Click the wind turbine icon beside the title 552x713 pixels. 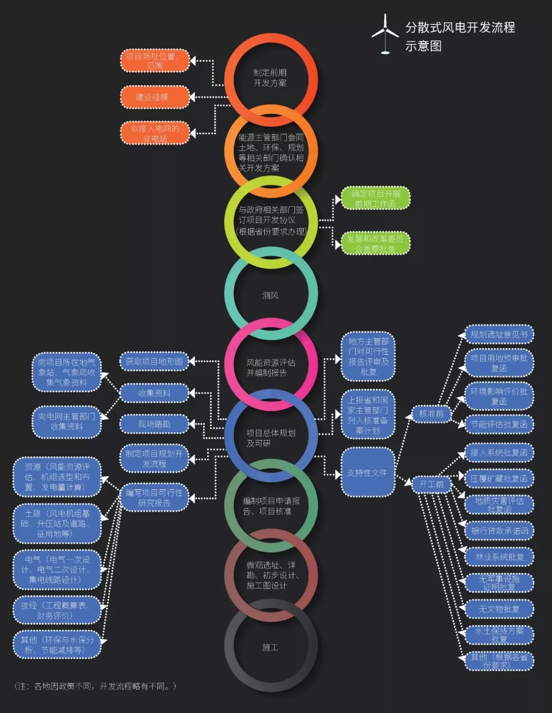pyautogui.click(x=385, y=34)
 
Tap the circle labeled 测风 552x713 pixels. pyautogui.click(x=270, y=295)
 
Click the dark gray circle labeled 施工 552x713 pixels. pyautogui.click(x=270, y=647)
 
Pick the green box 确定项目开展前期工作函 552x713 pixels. pyautogui.click(x=376, y=199)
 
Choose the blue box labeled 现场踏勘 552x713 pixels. pyautogui.click(x=154, y=424)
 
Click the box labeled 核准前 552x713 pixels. pyautogui.click(x=431, y=413)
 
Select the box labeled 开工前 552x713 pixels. pyautogui.click(x=431, y=484)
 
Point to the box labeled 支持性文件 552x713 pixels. pyautogui.click(x=367, y=473)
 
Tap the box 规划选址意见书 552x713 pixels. pyautogui.click(x=499, y=335)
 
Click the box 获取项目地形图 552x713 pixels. pyautogui.click(x=154, y=361)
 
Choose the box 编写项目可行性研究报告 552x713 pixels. pyautogui.click(x=154, y=498)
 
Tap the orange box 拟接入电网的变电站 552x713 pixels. pyautogui.click(x=155, y=134)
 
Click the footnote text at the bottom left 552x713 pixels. pyautogui.click(x=95, y=686)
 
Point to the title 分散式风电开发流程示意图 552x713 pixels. pyautogui.click(x=459, y=36)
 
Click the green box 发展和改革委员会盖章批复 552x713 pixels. pyautogui.click(x=376, y=243)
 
